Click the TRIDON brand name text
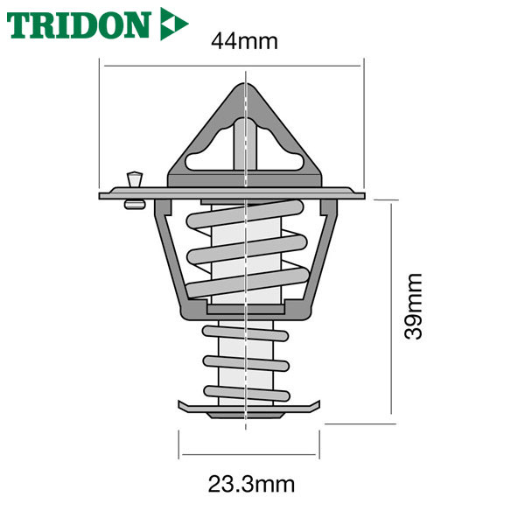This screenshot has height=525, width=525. point(79,25)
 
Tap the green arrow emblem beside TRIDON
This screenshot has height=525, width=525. point(172,24)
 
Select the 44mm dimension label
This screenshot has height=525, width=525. point(244,41)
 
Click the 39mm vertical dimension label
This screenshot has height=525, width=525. point(413,307)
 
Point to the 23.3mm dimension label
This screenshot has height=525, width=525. point(251,484)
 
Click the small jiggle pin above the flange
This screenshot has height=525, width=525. point(134,179)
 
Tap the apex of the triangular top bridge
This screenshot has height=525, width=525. point(245,84)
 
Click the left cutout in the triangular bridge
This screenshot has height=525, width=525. point(208,150)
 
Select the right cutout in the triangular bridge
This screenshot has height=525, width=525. point(281,150)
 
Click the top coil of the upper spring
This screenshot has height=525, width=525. point(245,214)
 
